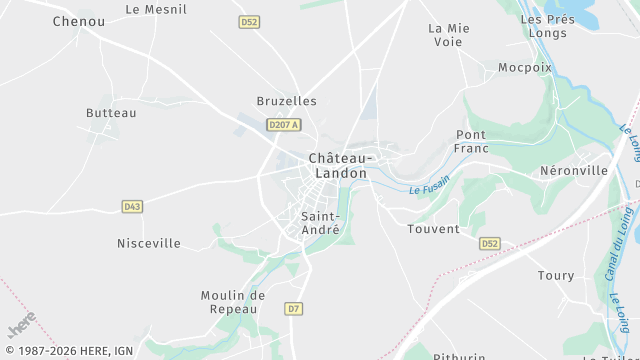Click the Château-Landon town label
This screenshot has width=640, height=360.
coord(339,165)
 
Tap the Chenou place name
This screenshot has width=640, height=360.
coord(78,21)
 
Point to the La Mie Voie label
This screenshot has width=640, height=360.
coord(449,35)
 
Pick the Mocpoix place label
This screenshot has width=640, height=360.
coord(525,68)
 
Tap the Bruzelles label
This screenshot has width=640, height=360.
coord(286,101)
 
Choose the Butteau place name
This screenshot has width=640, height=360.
coord(111,113)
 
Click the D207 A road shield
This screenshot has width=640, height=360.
coord(284,124)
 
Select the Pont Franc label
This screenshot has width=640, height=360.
coord(471,141)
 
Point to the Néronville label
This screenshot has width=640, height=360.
coord(574,170)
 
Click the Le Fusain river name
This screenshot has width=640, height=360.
coord(430,185)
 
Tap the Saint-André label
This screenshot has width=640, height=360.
coord(320,222)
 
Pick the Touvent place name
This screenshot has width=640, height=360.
coord(433,229)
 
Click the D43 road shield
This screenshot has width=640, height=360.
coord(132,206)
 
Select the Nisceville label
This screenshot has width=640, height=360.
coord(149,243)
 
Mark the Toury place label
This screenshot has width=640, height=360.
coord(556,275)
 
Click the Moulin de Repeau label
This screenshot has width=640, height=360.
coord(232,302)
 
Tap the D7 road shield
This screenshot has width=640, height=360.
coord(293,309)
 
